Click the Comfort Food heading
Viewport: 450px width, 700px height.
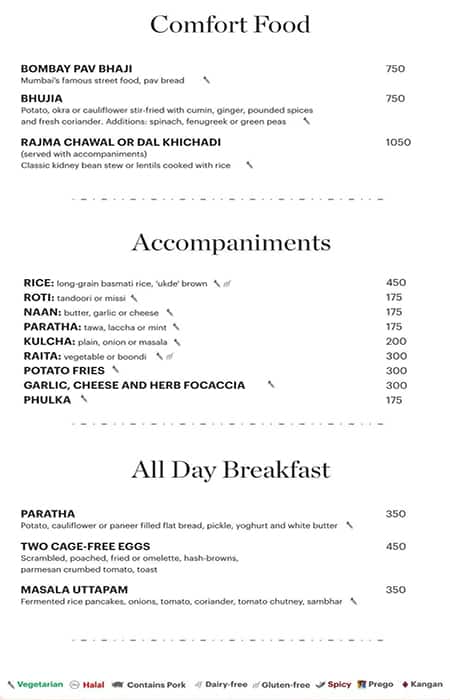tap(230, 25)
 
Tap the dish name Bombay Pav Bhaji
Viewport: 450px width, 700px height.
tap(77, 68)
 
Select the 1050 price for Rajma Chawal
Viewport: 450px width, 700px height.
tap(397, 142)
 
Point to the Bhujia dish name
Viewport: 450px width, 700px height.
tap(41, 98)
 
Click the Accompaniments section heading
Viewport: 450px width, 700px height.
tap(231, 243)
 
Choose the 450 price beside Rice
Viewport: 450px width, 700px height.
tap(396, 283)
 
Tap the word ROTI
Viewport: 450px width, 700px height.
tap(37, 298)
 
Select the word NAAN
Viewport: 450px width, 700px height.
tap(39, 312)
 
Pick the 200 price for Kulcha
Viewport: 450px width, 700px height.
tap(396, 341)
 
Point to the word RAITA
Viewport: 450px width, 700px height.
tap(40, 356)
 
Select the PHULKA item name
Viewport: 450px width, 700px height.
tap(47, 400)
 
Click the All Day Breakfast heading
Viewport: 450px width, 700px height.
tap(231, 470)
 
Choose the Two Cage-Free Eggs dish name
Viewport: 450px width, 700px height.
tap(77, 546)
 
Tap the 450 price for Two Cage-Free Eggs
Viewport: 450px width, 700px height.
tap(396, 546)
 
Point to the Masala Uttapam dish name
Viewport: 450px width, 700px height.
tap(73, 590)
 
